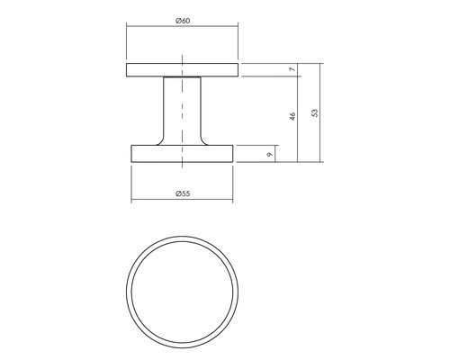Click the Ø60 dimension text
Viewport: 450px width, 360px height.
pos(182,20)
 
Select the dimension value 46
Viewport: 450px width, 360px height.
pos(292,117)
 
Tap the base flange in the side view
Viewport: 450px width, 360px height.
pos(148,154)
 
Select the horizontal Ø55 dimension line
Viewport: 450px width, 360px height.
pos(153,200)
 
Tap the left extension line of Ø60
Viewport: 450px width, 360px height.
pos(126,45)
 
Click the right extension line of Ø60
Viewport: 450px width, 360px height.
pos(239,45)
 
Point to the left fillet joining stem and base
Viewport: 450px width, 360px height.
pos(161,141)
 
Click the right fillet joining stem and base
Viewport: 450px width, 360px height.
pos(204,141)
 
